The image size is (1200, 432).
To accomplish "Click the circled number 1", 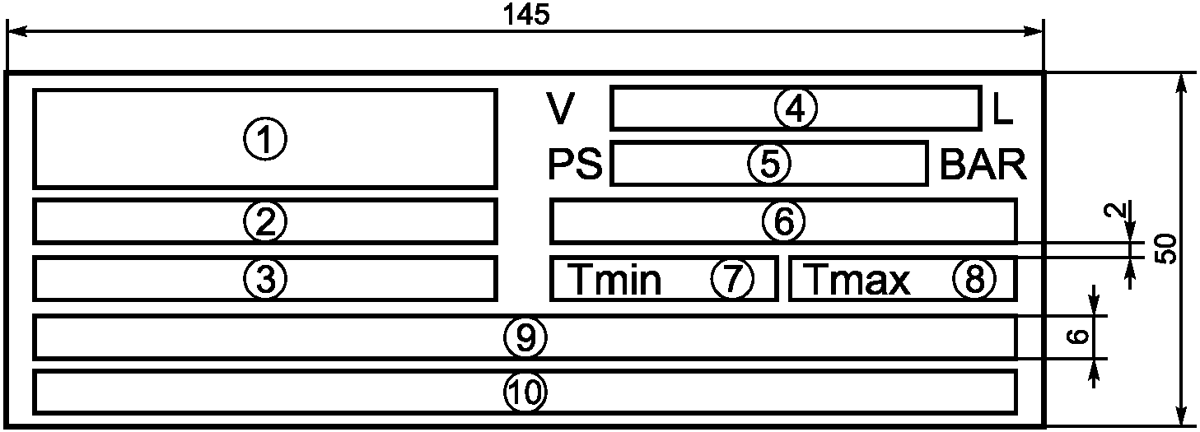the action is [264, 140].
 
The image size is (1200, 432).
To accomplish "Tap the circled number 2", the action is [264, 221].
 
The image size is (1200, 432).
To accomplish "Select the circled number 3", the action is [264, 280].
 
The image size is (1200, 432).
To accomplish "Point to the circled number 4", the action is [795, 108].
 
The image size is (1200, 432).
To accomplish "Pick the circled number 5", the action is [769, 164].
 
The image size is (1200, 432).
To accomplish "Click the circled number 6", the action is [782, 221].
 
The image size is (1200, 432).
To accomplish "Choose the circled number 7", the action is [732, 280].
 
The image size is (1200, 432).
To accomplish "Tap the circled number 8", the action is [974, 280].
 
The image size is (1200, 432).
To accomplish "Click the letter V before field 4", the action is [560, 109].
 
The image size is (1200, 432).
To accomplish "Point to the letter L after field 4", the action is [1002, 109].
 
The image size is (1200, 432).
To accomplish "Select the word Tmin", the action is [615, 281].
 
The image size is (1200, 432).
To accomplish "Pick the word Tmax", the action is [857, 281].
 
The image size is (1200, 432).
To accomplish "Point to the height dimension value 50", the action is [1165, 248].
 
